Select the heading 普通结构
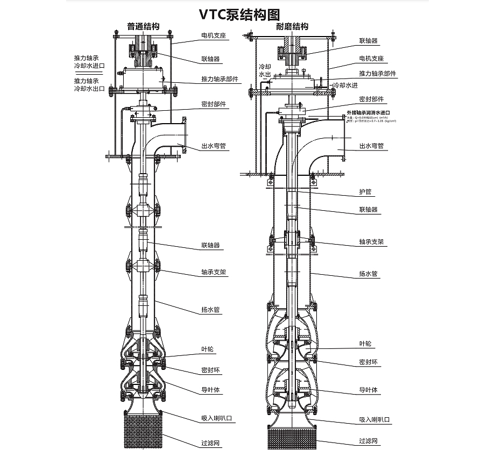(143, 26)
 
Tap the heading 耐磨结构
(292, 26)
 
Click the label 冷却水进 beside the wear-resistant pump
(345, 85)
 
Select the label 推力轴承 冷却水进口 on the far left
(89, 61)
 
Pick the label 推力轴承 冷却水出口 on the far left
(89, 84)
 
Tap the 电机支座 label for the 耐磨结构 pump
(371, 58)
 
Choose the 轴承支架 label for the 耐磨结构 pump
(371, 242)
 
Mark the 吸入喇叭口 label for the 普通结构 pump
(216, 418)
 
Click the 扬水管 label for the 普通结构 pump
(210, 310)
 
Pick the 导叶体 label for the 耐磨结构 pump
(368, 390)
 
